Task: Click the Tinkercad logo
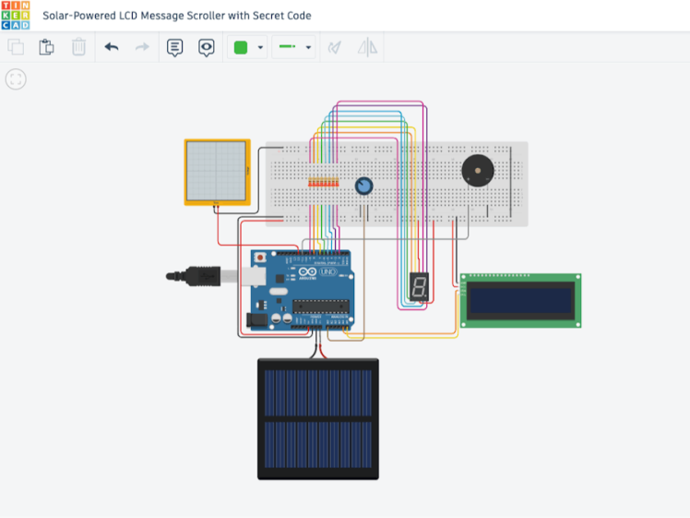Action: pos(16,16)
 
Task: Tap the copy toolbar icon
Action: pos(16,47)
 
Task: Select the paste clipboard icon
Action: pos(46,47)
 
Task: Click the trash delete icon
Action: pos(78,47)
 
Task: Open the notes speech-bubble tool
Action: pos(174,47)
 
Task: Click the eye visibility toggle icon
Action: pos(206,47)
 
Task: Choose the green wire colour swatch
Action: pos(241,47)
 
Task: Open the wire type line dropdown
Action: pos(295,47)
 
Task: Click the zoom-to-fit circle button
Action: pos(16,79)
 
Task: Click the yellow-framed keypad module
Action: pos(217,172)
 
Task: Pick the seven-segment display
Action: pos(419,287)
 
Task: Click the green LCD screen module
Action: pos(520,300)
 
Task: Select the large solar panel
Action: pos(317,418)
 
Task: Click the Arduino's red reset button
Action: pos(261,257)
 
